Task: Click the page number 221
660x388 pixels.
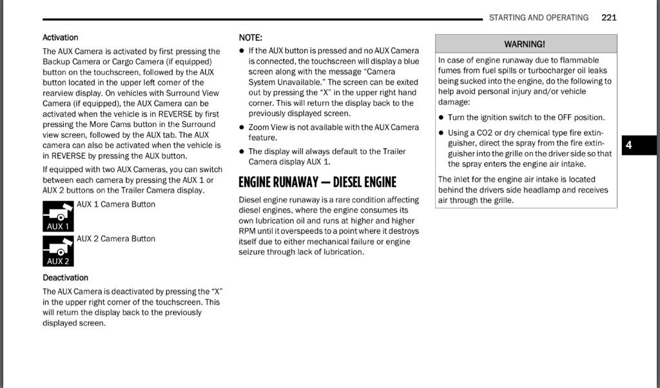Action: [608, 17]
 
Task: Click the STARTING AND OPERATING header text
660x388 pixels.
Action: [538, 17]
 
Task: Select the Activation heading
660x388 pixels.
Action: [60, 37]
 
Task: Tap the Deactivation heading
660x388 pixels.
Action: [65, 278]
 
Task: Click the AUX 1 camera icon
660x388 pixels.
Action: [58, 216]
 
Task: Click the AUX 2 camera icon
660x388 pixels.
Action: [58, 251]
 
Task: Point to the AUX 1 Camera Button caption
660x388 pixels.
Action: [116, 204]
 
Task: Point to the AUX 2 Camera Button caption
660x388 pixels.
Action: [116, 238]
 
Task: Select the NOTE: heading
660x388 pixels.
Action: [250, 37]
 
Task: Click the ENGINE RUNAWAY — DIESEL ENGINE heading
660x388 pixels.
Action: [317, 182]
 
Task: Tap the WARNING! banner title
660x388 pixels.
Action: [525, 44]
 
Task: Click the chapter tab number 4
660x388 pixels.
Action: [629, 145]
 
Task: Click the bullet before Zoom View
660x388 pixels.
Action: [242, 128]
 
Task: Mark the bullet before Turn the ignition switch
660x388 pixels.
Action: [441, 118]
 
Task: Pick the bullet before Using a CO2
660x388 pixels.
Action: [441, 133]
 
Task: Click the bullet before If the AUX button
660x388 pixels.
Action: [242, 51]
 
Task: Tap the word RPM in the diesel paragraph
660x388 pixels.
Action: [247, 231]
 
